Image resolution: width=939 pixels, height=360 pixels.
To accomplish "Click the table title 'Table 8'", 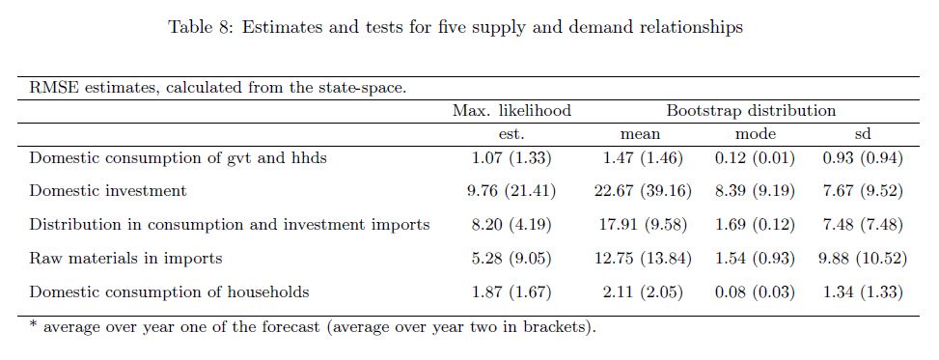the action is (x=199, y=28).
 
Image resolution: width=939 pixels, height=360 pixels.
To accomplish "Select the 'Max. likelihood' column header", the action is (x=511, y=111).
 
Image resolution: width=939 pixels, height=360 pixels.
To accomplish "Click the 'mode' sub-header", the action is (x=755, y=134).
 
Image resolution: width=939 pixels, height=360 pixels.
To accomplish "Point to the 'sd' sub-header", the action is (x=863, y=134).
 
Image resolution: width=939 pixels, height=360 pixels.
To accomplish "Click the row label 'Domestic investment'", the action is (x=108, y=190).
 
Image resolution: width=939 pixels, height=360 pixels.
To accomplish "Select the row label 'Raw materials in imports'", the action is (x=125, y=258).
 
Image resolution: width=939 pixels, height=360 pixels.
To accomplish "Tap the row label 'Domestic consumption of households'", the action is (x=170, y=292).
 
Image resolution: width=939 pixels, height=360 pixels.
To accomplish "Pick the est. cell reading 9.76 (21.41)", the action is (x=511, y=191).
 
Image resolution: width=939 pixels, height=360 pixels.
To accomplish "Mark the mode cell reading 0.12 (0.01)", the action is (x=755, y=158).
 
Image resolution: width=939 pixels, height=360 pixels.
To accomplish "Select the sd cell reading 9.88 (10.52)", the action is (x=863, y=259).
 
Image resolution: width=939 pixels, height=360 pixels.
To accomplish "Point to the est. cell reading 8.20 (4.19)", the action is (x=511, y=225).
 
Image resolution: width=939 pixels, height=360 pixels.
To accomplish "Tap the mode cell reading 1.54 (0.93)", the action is (x=755, y=259).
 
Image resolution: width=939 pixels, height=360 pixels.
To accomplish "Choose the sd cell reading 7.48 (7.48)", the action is (x=863, y=225).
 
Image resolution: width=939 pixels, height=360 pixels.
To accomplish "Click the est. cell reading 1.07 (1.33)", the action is (x=511, y=158).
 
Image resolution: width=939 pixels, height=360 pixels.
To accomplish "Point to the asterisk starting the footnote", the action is (x=33, y=325).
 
